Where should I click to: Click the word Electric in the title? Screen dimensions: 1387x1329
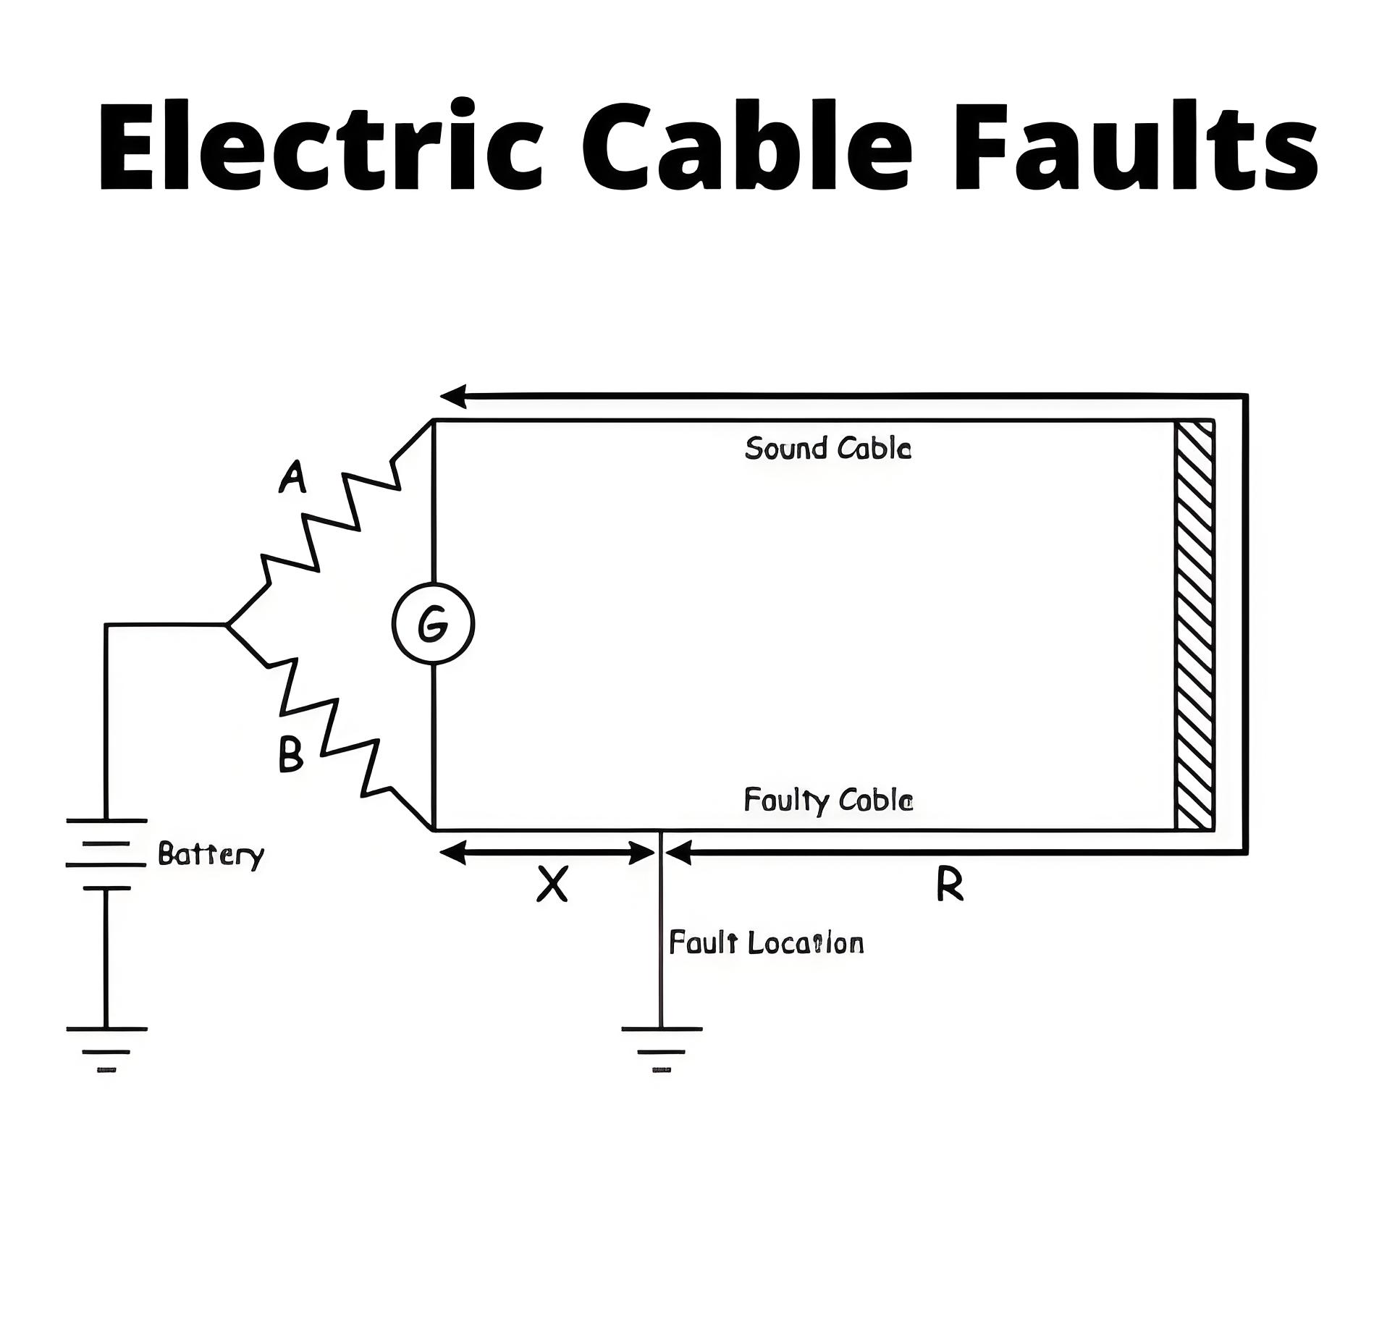320,144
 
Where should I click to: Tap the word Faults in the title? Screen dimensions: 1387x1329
1135,144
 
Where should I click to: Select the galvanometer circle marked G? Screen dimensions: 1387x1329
433,623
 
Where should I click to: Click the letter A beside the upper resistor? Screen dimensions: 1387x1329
292,478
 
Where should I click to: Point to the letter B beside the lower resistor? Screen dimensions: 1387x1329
290,754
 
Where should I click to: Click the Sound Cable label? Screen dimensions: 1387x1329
828,448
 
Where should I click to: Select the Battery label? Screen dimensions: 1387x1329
211,856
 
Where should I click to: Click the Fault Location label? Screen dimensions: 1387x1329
766,943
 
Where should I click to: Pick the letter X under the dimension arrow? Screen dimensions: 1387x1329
552,884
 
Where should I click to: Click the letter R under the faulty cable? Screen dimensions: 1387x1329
950,884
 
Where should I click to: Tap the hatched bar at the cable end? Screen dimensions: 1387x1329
1194,625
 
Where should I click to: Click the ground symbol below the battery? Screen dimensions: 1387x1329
106,1049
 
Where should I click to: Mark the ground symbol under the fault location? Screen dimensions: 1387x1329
661,1049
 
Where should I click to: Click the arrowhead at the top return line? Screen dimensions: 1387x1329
453,396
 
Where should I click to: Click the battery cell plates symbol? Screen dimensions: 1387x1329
106,853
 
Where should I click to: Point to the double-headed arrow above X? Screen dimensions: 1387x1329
548,853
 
